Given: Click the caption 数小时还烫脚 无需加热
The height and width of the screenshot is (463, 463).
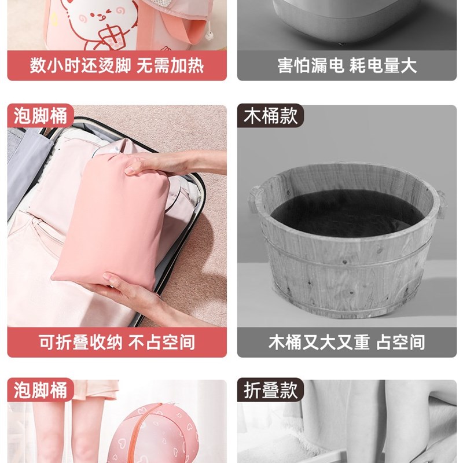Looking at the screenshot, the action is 117,65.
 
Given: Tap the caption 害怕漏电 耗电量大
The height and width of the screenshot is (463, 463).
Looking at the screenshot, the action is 347,65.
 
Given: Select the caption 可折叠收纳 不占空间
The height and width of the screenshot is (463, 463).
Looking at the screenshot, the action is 117,342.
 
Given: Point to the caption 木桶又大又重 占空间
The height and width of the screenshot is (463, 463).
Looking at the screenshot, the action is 347,342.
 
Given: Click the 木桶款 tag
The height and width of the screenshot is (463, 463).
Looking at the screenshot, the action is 270,115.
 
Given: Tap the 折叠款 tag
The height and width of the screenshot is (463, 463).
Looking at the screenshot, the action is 270,389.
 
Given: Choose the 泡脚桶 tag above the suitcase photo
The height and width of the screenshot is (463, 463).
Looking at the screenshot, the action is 41,115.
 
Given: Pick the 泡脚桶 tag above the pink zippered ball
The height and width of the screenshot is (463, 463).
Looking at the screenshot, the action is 41,389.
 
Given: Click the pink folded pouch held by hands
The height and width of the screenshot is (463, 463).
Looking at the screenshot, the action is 111,222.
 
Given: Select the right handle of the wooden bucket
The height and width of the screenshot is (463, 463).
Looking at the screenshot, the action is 440,204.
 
